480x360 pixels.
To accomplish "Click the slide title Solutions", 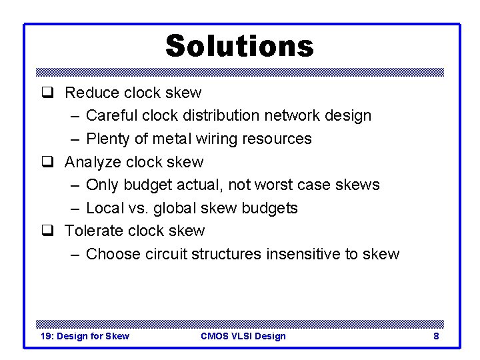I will point(239,46).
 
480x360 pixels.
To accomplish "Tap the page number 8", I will point(436,336).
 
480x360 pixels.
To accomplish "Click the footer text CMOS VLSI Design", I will point(243,336).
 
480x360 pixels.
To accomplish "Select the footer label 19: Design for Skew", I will point(85,336).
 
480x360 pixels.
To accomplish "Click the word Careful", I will point(110,116).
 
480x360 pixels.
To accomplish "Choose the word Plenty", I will point(108,139).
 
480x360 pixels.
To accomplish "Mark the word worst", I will point(281,185).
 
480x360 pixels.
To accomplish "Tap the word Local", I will point(104,208).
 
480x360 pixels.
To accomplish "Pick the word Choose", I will point(111,254).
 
